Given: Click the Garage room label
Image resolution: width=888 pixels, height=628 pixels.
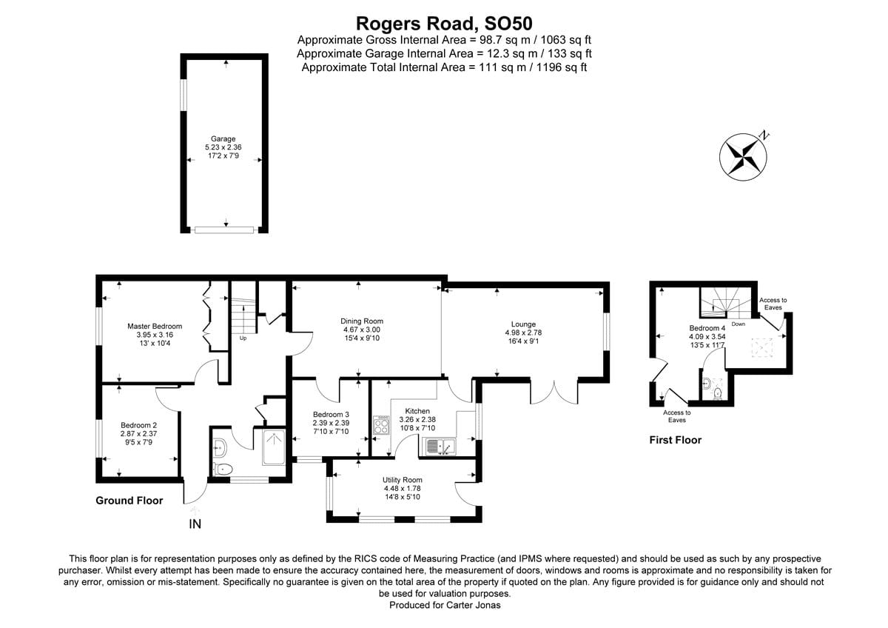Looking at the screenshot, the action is pos(223,138).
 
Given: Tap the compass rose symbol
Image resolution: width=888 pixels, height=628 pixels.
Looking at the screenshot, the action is pos(744,156).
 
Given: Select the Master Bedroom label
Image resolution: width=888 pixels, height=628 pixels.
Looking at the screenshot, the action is pos(155,326).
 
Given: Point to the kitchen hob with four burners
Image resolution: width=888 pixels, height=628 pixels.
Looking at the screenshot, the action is pos(381,426).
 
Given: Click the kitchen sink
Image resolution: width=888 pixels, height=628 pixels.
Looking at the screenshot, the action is pos(440,447).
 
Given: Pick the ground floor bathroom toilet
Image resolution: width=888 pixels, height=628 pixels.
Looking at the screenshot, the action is pos(223,470).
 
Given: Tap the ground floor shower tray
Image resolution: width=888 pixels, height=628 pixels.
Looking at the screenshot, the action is pos(274,447).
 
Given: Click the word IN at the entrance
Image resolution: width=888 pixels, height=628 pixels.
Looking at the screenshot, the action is pos(195,524).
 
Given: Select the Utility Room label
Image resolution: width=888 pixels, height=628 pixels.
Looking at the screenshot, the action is pos(402,480).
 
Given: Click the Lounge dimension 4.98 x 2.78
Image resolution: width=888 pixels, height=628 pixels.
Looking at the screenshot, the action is pos(523,333).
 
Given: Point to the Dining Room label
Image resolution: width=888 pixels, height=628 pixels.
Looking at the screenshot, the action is pos(362,321).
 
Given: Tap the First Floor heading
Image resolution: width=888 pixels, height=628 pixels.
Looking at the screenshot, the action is pos(676,440).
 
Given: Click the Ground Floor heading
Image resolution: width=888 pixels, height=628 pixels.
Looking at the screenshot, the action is pos(129,501).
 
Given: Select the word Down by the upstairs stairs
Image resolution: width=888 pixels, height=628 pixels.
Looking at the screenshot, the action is pos(739,324).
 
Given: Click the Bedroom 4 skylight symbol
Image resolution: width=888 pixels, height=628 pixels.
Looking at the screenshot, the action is pos(762,347).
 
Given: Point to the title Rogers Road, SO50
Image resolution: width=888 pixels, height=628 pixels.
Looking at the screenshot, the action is pos(444,24).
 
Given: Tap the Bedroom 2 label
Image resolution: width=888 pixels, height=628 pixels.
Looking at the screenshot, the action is pos(139,425).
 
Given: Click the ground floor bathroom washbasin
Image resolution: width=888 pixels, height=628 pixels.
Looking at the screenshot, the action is pos(220,447).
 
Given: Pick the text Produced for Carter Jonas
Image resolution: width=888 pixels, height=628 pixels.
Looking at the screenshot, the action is pos(445,605).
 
